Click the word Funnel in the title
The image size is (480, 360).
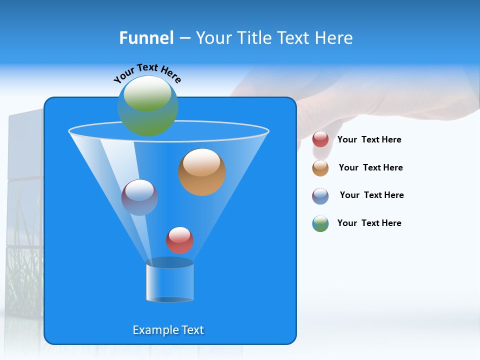click(146, 38)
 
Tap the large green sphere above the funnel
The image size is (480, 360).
click(148, 105)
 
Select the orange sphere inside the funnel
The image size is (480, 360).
click(202, 172)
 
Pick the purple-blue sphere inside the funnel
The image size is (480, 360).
click(139, 197)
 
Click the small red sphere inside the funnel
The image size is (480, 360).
click(179, 240)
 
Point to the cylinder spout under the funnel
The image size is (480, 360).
click(169, 281)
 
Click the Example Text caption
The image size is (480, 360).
click(168, 330)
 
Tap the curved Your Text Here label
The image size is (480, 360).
click(147, 72)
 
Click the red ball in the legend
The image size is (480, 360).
click(320, 139)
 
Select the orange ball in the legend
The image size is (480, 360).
click(320, 168)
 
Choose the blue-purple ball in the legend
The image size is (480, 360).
click(320, 196)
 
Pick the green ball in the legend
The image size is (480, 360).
click(320, 223)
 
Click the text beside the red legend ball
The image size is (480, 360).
click(369, 140)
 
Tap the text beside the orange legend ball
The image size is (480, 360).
click(370, 168)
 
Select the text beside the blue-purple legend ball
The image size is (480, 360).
click(371, 195)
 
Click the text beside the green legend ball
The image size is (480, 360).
click(369, 223)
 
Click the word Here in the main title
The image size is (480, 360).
click(334, 38)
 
